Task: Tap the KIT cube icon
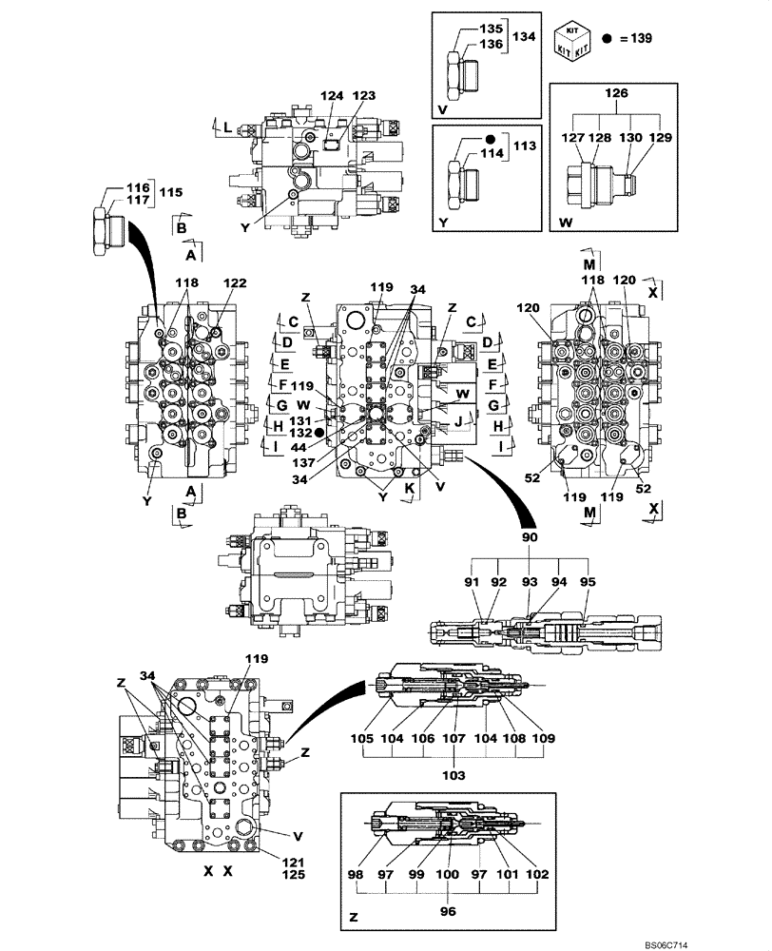[575, 39]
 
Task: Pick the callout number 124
[330, 96]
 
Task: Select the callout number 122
[234, 283]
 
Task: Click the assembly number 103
[454, 775]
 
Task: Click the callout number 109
[544, 737]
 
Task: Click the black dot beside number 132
[319, 432]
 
